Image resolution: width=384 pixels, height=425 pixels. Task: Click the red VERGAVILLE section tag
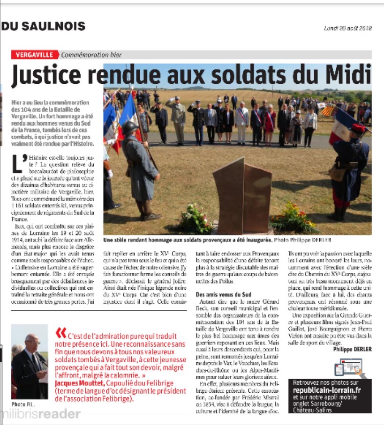coord(35,55)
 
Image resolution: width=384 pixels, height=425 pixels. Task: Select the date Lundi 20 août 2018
coord(347,28)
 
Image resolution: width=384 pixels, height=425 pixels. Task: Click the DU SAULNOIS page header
coord(44,27)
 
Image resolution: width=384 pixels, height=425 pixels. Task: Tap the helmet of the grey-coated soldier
coord(130,127)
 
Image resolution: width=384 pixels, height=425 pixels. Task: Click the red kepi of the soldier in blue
coord(358,129)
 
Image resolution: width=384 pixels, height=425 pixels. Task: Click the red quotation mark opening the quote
coord(60,333)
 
